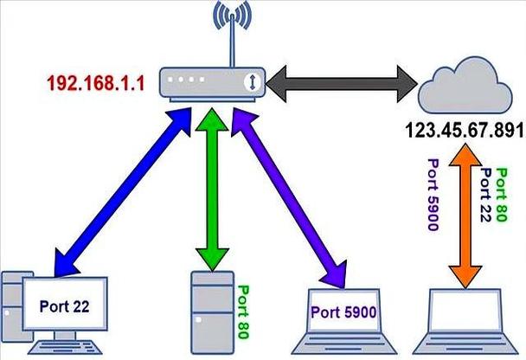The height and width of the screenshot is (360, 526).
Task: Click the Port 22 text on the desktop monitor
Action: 64,305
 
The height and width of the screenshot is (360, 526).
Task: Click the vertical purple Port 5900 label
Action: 432,196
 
